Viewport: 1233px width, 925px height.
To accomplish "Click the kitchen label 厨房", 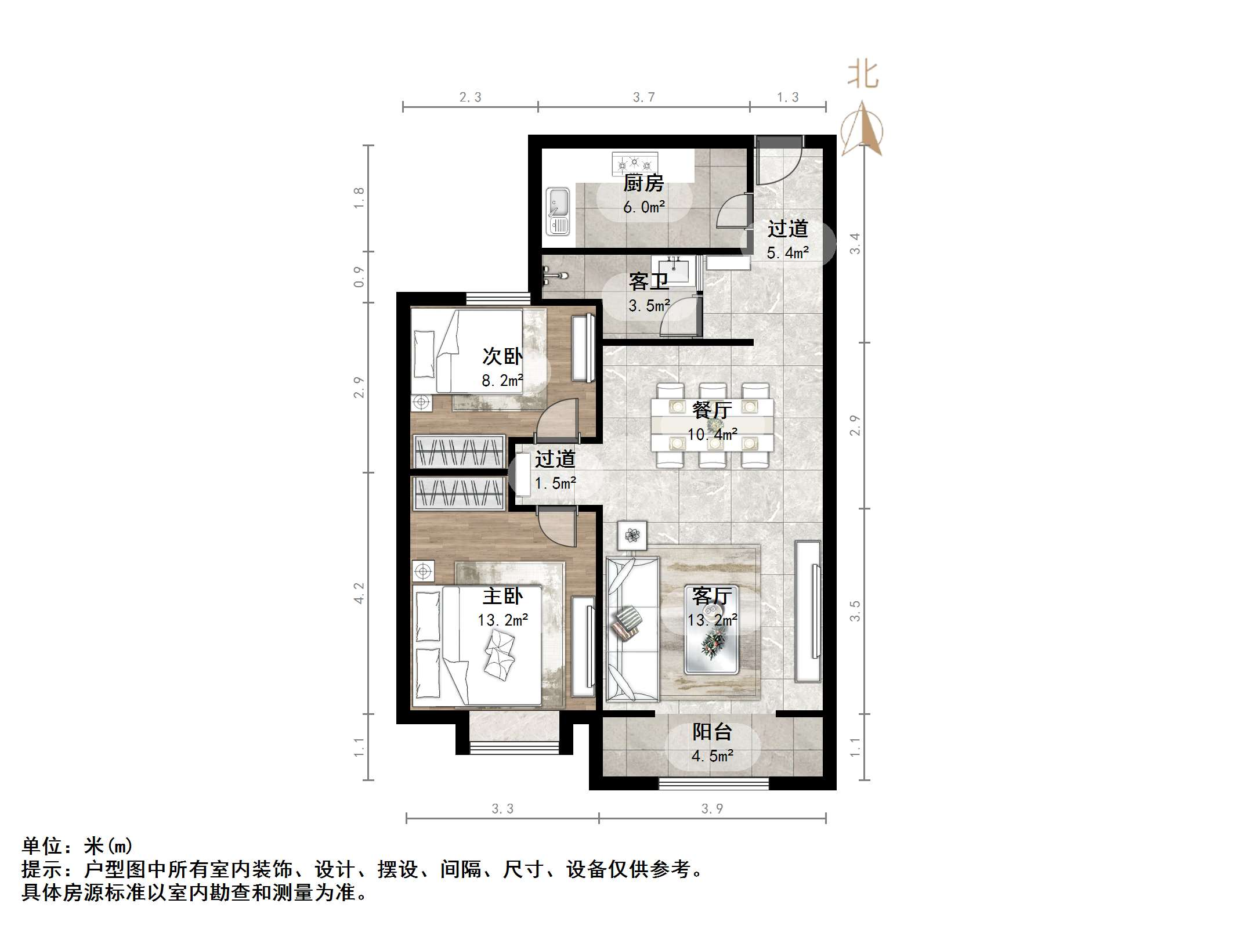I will coord(643,184).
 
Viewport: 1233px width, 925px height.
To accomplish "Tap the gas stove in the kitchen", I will coord(635,163).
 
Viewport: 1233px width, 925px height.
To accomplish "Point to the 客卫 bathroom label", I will coord(649,282).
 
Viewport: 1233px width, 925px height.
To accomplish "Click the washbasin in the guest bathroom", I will coord(673,269).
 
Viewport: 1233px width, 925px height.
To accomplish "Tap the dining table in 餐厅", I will coord(713,424).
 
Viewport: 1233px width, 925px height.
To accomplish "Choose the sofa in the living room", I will coord(632,629).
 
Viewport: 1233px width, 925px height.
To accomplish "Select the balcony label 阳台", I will coord(712,732).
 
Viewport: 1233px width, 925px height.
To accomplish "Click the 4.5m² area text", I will coord(712,756).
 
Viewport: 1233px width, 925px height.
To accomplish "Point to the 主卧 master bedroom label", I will coord(502,597).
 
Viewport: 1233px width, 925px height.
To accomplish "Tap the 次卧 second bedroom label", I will coord(502,356).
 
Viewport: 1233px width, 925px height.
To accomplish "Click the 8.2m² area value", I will coord(502,381).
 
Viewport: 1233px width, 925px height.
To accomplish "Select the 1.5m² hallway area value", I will coord(555,483).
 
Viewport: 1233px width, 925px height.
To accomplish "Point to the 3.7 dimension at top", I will coord(643,97).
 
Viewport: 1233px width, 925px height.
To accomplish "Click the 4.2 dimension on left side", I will coord(359,593).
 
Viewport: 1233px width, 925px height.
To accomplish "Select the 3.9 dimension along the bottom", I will coord(712,809).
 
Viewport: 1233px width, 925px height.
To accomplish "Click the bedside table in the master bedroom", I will coord(423,572).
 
